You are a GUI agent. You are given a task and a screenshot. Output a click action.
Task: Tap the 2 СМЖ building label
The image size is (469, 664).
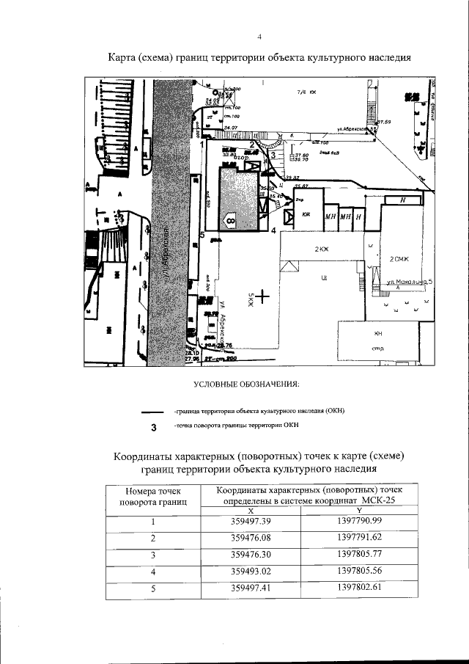pos(399,258)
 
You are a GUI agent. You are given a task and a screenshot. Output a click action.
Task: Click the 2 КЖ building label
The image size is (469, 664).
pos(322,249)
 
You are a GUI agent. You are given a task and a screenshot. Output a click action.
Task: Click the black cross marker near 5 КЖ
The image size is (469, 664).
pos(262,296)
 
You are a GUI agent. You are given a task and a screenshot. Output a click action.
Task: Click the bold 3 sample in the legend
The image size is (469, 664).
pos(152,428)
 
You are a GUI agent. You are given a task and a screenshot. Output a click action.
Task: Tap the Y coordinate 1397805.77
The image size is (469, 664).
pos(360,554)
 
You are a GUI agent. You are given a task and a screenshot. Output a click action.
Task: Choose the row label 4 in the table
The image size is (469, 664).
pos(153,571)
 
